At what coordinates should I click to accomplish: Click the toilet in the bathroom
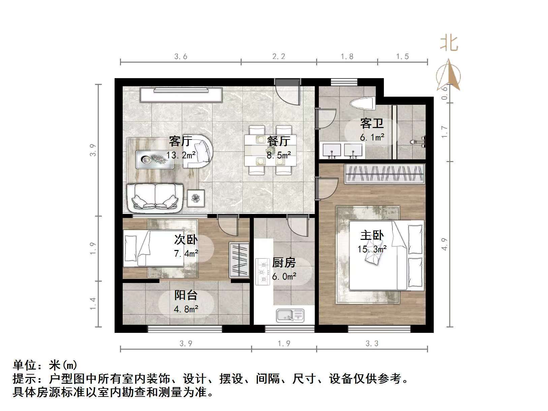tap(363, 102)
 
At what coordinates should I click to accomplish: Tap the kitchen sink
tap(290, 315)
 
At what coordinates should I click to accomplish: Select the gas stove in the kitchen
tap(263, 272)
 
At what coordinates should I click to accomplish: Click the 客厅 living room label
tap(180, 141)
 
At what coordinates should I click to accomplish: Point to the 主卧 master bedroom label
tap(372, 235)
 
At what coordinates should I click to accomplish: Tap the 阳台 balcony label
tap(186, 295)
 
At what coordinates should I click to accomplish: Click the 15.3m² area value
tap(372, 249)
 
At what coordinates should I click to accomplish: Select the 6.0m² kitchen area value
tap(284, 277)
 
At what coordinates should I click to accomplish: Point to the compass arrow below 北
tap(449, 76)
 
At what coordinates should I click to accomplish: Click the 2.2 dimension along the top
tap(279, 56)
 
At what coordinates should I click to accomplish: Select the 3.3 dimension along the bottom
tap(372, 343)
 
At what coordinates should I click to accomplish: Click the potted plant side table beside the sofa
tap(196, 198)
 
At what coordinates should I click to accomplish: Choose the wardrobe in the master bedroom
tap(384, 173)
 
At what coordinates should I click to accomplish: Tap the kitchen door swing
tap(298, 227)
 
